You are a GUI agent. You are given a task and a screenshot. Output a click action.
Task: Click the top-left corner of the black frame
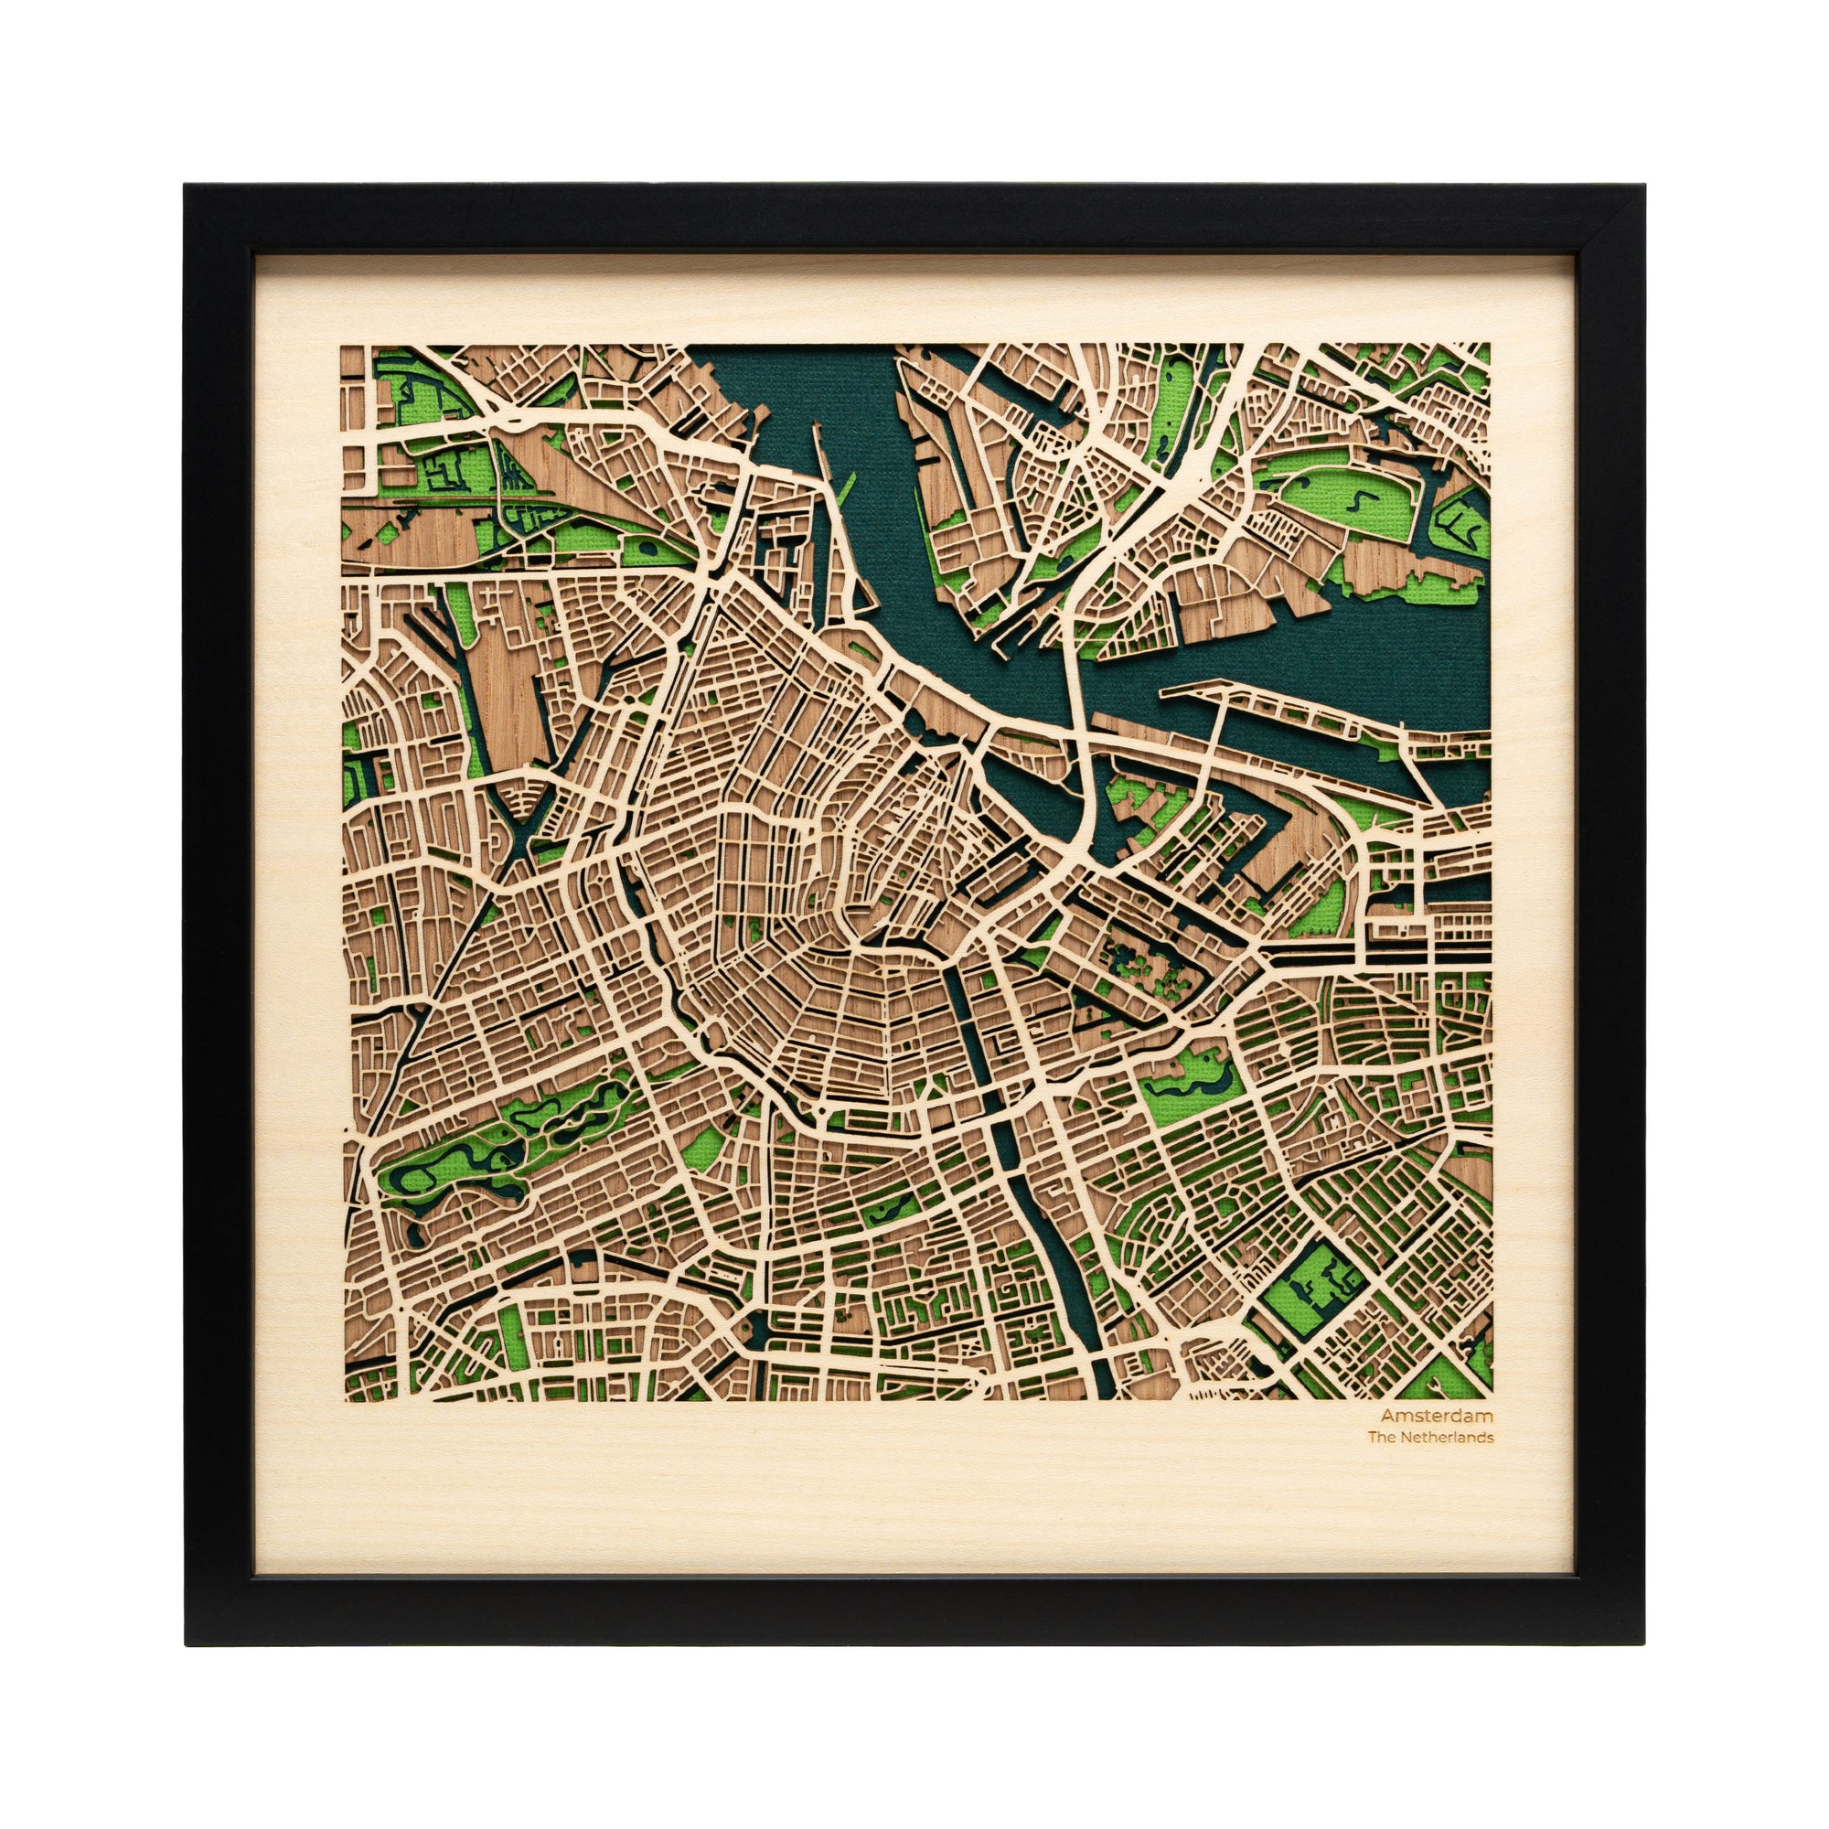coord(186,186)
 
